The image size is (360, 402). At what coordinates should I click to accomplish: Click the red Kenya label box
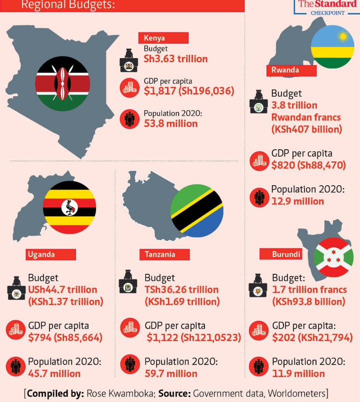click(163, 38)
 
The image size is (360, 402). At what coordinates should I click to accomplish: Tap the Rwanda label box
click(291, 71)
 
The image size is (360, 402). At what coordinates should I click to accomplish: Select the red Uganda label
click(50, 254)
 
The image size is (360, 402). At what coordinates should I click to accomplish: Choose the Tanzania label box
click(164, 254)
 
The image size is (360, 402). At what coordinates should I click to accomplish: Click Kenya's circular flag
click(62, 83)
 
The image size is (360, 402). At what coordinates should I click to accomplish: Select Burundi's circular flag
click(333, 257)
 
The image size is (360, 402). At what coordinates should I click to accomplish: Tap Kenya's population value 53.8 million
click(170, 123)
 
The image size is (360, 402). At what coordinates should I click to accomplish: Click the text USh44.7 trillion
click(62, 289)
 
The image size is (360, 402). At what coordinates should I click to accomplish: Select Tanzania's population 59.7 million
click(171, 373)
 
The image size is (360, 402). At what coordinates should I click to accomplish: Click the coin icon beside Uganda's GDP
click(15, 330)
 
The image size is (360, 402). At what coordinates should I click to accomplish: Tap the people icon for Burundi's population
click(258, 366)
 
